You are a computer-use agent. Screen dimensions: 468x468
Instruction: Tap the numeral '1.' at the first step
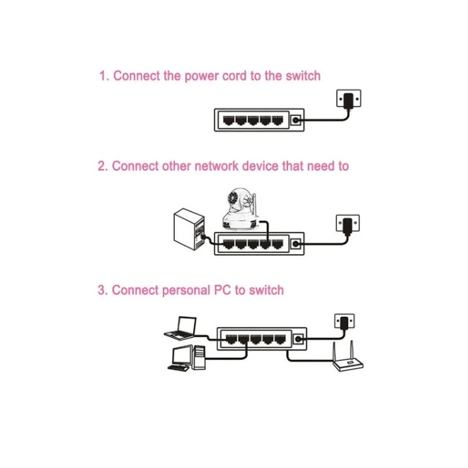point(104,76)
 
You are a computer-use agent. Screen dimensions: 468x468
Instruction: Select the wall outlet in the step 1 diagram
point(348,99)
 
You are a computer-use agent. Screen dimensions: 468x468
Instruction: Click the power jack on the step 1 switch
point(297,120)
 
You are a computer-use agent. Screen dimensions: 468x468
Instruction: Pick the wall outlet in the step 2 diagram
point(348,223)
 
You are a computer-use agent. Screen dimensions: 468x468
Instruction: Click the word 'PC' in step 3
point(222,291)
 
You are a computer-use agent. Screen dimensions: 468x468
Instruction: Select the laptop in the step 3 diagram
point(181,328)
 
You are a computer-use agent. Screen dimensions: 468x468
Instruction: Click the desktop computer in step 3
point(186,357)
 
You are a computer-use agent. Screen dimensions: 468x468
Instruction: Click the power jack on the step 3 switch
point(297,338)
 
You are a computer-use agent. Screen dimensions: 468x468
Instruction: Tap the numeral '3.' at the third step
point(103,291)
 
